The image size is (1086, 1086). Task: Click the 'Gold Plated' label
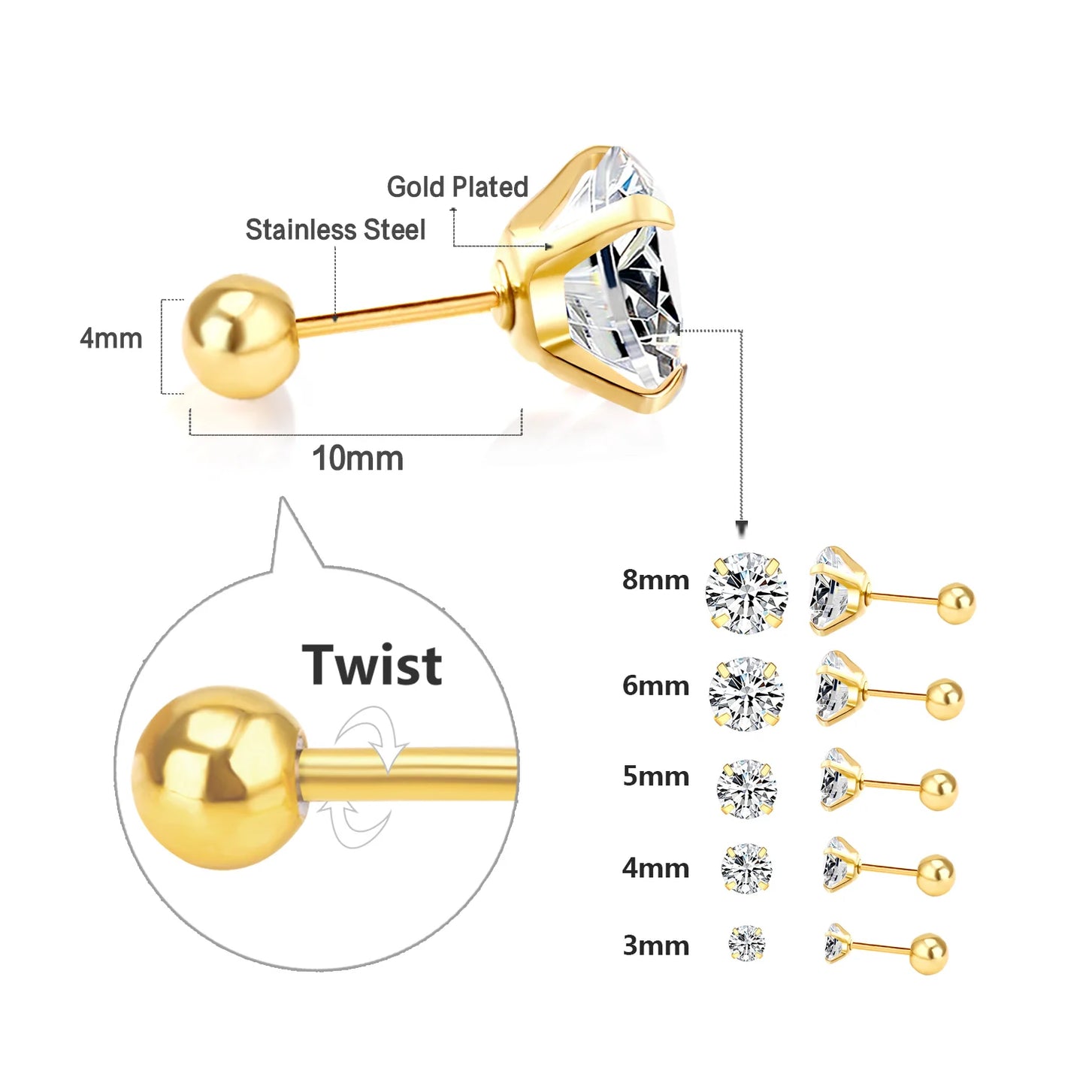(x=457, y=187)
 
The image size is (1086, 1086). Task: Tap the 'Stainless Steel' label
(x=335, y=230)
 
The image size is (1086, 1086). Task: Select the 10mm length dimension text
(x=358, y=458)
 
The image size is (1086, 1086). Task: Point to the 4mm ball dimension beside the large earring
(x=111, y=339)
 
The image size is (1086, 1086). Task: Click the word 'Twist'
(x=373, y=665)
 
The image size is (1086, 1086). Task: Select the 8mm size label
(x=655, y=580)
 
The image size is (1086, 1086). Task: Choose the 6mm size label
(x=655, y=685)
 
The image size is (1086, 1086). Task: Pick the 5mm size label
(x=655, y=776)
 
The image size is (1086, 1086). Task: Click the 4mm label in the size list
(x=655, y=868)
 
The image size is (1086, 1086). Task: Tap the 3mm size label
(x=655, y=945)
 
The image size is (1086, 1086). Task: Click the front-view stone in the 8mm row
(x=746, y=593)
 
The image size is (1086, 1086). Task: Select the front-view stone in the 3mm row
(x=746, y=943)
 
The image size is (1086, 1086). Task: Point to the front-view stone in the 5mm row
(x=746, y=788)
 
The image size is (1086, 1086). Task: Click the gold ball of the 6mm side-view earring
(x=944, y=699)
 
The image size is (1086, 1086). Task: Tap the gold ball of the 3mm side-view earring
(x=929, y=954)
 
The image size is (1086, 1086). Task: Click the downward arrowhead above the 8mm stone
(x=742, y=528)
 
